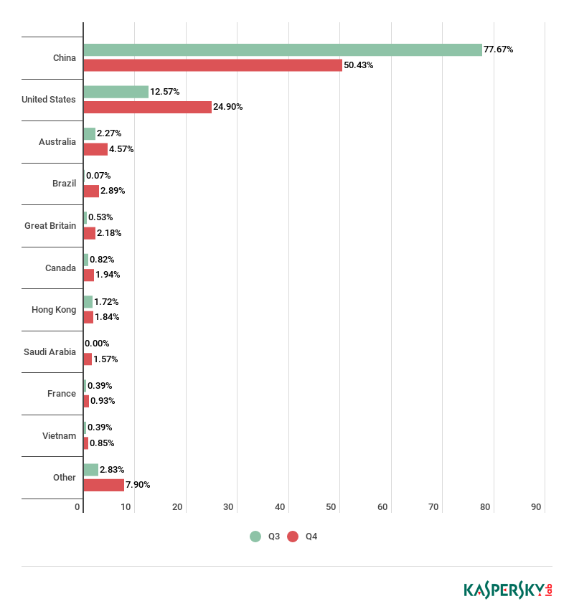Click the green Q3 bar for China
pos(283,49)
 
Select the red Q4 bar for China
pos(213,65)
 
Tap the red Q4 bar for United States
pos(148,107)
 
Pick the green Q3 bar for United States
pos(116,92)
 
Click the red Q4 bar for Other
pos(104,485)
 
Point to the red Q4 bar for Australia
pos(95,149)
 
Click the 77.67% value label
pos(498,49)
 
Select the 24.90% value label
pos(228,107)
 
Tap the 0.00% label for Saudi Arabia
pos(97,344)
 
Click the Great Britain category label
pos(50,226)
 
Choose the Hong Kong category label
pos(54,310)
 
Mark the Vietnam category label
pos(59,436)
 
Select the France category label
pos(62,394)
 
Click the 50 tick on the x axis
pos(331,507)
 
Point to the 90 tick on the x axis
pos(536,507)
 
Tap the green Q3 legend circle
pos(255,537)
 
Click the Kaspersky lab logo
pos(507,590)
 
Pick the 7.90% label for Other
pos(138,485)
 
